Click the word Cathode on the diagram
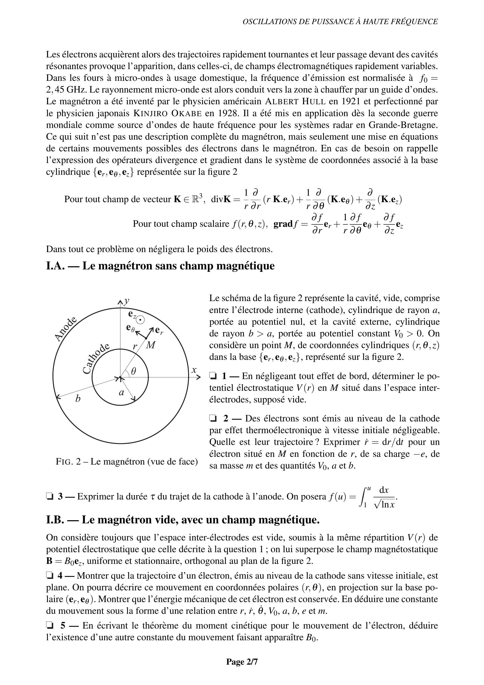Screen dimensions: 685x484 pos(96,359)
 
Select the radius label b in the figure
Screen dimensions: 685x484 pos(78,398)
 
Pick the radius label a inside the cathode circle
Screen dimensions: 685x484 pos(121,393)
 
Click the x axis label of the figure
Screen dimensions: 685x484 pos(194,370)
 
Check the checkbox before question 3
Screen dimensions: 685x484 pos(49,496)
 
